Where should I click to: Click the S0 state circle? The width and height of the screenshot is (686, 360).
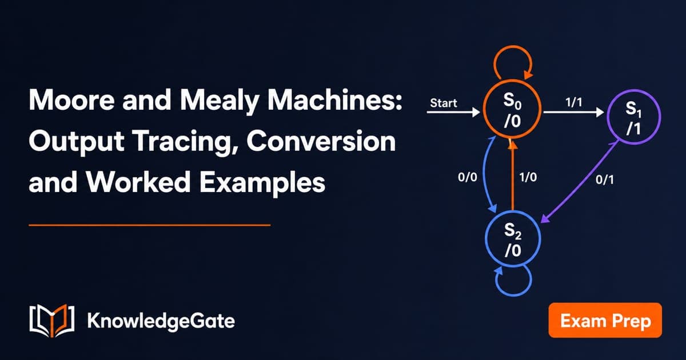484,109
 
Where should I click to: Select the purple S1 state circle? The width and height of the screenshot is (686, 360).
608,117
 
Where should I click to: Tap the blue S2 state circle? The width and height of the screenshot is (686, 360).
486,238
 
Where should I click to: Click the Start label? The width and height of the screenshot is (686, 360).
444,103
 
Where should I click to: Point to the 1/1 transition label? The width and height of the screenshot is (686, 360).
573,102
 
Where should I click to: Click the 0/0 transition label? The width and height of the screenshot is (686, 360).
468,177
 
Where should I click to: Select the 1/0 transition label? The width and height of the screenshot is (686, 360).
528,177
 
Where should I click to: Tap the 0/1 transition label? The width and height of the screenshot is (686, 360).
605,179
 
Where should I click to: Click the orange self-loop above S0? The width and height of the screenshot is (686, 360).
513,47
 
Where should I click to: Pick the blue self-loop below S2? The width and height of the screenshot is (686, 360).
513,295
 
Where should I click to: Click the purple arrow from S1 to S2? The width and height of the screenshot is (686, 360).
580,182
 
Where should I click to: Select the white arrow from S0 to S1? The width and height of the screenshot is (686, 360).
573,112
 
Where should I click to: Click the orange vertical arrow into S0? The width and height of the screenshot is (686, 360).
512,175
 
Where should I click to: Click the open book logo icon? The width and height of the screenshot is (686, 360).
52,321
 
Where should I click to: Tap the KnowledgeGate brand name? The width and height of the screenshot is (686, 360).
161,321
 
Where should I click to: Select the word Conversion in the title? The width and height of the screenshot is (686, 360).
321,141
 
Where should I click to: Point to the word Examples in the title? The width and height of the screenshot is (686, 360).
262,183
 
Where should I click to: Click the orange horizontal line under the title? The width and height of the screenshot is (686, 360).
149,225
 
